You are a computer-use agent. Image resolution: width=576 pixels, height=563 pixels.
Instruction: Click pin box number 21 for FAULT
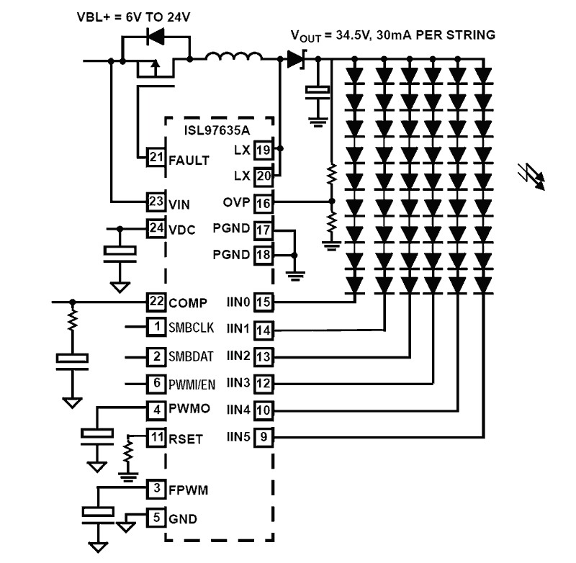(156, 158)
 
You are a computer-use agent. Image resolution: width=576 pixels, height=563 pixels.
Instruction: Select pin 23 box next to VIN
(156, 202)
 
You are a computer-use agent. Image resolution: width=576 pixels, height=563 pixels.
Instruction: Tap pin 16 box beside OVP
(264, 203)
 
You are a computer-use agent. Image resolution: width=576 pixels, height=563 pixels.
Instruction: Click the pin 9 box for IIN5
(264, 436)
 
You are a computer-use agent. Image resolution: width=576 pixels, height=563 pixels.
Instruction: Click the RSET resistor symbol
(129, 454)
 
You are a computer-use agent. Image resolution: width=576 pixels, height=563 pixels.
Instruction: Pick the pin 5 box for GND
(156, 517)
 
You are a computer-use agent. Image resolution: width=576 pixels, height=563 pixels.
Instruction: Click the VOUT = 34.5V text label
(392, 35)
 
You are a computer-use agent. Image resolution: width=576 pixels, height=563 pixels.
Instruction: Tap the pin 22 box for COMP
(156, 301)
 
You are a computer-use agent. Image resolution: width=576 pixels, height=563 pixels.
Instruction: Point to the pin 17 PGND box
(264, 230)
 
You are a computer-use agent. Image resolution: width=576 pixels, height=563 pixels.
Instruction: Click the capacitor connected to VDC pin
(120, 251)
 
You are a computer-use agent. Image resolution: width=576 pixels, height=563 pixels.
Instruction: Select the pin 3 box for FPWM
(156, 490)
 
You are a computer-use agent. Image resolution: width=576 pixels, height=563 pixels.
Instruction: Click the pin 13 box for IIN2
(264, 355)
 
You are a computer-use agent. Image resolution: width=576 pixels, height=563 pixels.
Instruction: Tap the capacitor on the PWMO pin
(97, 434)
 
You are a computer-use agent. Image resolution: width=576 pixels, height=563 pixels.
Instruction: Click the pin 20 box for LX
(264, 175)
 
